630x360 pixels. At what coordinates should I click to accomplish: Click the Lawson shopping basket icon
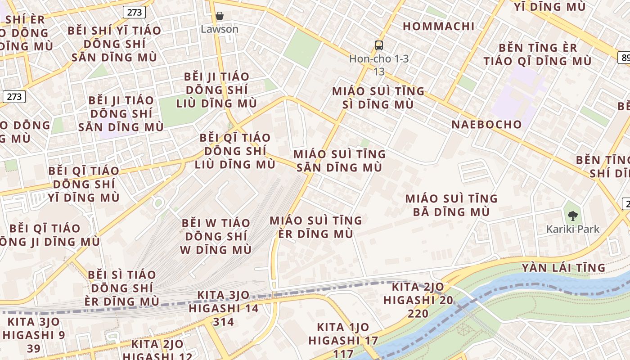click(220, 16)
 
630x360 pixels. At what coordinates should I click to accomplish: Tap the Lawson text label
click(220, 29)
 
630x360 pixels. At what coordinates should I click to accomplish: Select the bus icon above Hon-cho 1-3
click(379, 45)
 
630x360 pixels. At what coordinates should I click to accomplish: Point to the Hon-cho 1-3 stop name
click(379, 59)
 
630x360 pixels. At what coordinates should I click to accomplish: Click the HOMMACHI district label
click(439, 26)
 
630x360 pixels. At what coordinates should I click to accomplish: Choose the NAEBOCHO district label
click(486, 125)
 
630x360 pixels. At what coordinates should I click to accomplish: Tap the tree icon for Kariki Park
click(573, 216)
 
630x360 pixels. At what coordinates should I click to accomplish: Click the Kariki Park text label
click(573, 229)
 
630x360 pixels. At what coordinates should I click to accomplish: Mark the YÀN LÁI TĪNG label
click(563, 268)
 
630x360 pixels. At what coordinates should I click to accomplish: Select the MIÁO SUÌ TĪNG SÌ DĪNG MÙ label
click(378, 98)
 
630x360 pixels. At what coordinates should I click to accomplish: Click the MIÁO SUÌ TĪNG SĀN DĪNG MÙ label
click(339, 161)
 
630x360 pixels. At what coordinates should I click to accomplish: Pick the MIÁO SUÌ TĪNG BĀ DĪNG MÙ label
click(451, 205)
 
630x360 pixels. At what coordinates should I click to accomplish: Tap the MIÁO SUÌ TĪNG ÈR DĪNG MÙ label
click(315, 227)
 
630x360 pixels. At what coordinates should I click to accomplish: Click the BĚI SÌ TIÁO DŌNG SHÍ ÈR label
click(121, 288)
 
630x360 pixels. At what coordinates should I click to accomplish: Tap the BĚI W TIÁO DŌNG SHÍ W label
click(216, 236)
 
